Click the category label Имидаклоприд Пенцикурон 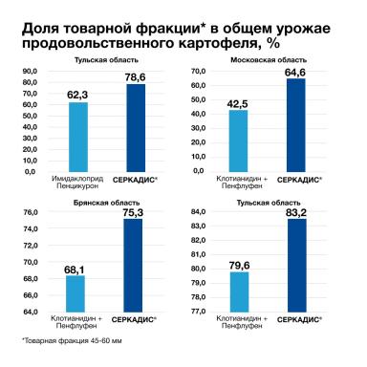coord(78,182)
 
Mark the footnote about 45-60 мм coord(67,341)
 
